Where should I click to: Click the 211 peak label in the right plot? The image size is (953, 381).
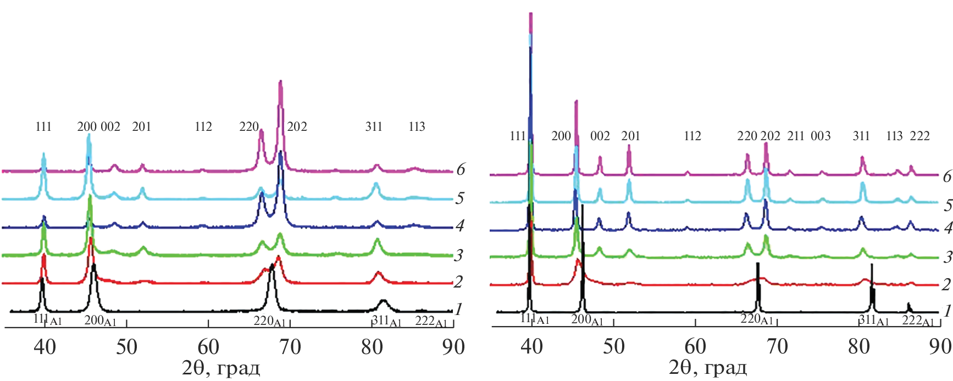pyautogui.click(x=796, y=136)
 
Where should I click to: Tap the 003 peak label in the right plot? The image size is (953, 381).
pyautogui.click(x=821, y=136)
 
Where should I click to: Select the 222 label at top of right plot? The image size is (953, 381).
pyautogui.click(x=919, y=136)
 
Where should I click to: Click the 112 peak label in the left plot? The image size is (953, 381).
pyautogui.click(x=203, y=127)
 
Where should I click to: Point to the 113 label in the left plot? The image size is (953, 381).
pyautogui.click(x=417, y=127)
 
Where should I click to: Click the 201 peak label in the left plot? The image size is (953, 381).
pyautogui.click(x=141, y=127)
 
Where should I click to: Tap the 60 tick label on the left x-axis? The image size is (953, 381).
pyautogui.click(x=208, y=347)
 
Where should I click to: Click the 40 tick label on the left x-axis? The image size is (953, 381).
pyautogui.click(x=45, y=347)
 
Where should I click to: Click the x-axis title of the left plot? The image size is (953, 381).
pyautogui.click(x=221, y=368)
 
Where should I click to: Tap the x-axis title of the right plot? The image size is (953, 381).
pyautogui.click(x=708, y=368)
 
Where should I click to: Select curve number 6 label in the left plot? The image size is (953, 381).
pyautogui.click(x=461, y=169)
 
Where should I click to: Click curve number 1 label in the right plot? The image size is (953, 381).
pyautogui.click(x=947, y=311)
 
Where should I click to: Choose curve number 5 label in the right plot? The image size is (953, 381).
pyautogui.click(x=948, y=206)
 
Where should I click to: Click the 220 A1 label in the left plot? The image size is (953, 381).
pyautogui.click(x=269, y=321)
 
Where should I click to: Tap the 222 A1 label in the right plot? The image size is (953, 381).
pyautogui.click(x=918, y=321)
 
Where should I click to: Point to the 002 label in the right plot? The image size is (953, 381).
pyautogui.click(x=600, y=136)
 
